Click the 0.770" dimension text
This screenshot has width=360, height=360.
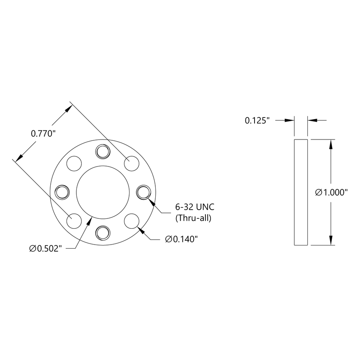pos(43,134)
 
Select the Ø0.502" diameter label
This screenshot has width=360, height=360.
pos(46,248)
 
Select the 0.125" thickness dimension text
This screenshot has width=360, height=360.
pos(257,120)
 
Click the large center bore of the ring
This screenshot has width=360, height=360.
pos(102,192)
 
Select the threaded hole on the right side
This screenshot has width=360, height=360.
pos(143,192)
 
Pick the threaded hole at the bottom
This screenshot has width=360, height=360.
pos(102,233)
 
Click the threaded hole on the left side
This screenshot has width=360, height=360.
pos(61,192)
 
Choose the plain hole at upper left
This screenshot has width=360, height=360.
pos(74,163)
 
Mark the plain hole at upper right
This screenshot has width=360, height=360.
pos(131,163)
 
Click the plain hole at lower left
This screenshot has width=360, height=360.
pos(74,220)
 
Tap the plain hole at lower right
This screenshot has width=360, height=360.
pos(131,220)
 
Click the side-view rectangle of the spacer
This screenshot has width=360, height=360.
pos(301,192)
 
